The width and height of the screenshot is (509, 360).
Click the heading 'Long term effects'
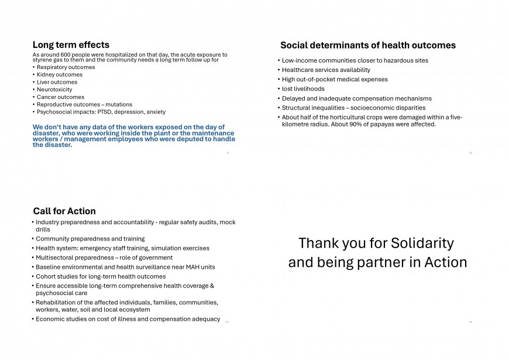71,44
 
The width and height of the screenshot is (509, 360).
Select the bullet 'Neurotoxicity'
54,90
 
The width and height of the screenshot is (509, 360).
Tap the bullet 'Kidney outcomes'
60,74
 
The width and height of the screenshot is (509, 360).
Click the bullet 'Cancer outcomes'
60,97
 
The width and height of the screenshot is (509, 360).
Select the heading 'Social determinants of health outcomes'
367,45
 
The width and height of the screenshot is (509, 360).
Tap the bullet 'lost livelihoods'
303,89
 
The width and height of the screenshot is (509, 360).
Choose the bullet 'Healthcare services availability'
326,70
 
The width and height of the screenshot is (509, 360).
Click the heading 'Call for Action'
64,211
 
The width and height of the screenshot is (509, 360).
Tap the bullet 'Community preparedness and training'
90,239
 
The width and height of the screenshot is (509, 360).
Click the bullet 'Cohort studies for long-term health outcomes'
101,276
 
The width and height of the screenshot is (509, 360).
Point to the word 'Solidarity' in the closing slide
422,243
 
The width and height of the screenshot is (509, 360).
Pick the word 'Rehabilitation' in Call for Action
58,303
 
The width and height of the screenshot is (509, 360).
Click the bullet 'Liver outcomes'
57,82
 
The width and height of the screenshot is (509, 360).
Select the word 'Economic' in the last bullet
51,319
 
